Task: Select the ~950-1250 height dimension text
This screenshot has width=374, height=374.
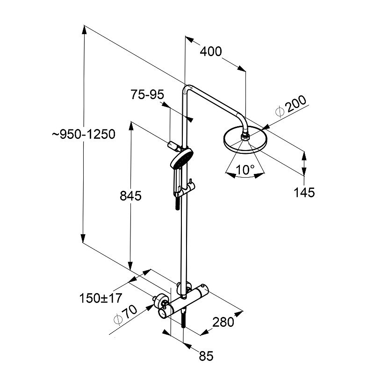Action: [83, 134]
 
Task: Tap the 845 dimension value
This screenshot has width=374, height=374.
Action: [130, 196]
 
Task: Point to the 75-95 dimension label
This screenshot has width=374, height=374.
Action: [147, 95]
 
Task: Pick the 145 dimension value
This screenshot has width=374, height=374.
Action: [304, 192]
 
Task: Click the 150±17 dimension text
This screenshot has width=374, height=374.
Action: [101, 297]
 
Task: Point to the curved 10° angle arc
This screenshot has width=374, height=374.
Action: [243, 177]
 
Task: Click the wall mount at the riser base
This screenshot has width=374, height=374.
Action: [183, 287]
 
